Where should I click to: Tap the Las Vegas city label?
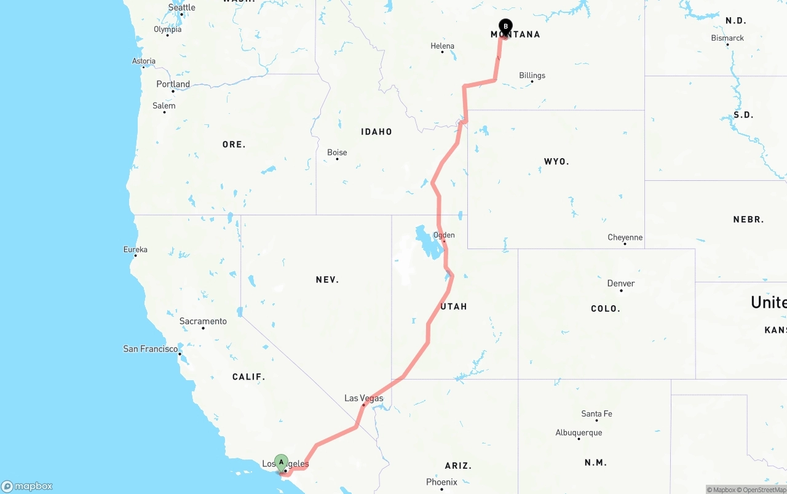363,398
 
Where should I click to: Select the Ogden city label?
444,235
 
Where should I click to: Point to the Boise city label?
337,153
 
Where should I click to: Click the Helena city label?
442,46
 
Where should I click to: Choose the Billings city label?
532,76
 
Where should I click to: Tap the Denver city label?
620,284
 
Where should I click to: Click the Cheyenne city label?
625,237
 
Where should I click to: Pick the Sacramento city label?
203,321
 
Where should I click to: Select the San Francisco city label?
151,349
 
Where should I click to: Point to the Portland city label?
173,84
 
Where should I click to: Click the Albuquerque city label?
579,432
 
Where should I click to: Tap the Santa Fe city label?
596,414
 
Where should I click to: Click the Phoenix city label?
441,482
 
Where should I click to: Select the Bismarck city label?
727,38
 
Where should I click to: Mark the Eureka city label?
135,250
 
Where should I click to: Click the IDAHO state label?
376,132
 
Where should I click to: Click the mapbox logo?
27,486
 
